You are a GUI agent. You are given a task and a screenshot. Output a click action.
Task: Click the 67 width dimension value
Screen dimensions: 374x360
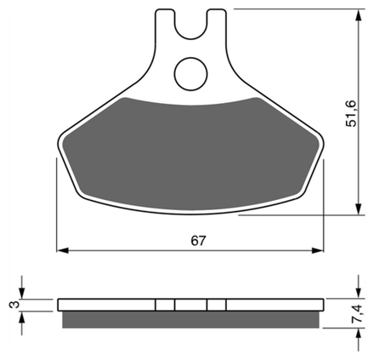198,241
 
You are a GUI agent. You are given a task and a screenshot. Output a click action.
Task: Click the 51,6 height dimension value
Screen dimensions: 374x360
351,113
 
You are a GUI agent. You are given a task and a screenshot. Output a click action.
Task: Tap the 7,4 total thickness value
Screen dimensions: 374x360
356,313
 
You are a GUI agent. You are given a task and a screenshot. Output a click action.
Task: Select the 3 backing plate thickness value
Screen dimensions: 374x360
14,305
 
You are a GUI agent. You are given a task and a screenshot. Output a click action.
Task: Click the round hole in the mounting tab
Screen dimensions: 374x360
190,74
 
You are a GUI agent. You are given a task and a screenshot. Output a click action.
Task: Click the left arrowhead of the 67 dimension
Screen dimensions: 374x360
63,250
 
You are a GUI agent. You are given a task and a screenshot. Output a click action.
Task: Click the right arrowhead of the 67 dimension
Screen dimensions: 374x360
317,250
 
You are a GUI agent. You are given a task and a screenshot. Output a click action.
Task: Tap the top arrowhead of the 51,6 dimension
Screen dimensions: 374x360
359,14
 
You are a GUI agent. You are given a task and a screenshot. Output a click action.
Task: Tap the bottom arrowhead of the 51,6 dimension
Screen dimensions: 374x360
359,209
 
